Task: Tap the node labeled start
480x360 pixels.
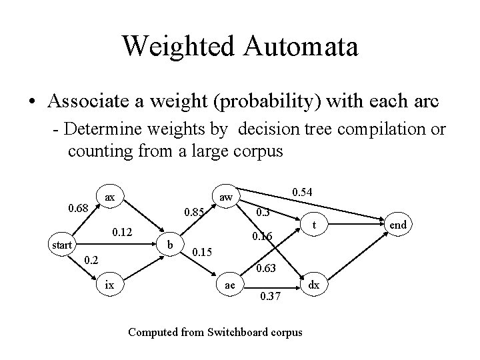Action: coord(62,245)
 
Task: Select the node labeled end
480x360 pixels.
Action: coord(398,225)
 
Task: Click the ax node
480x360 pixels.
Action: coord(110,197)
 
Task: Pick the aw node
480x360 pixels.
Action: coord(226,197)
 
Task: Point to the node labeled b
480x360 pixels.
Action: coord(171,245)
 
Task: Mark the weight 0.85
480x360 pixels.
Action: coord(194,213)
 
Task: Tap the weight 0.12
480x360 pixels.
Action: coord(123,232)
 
